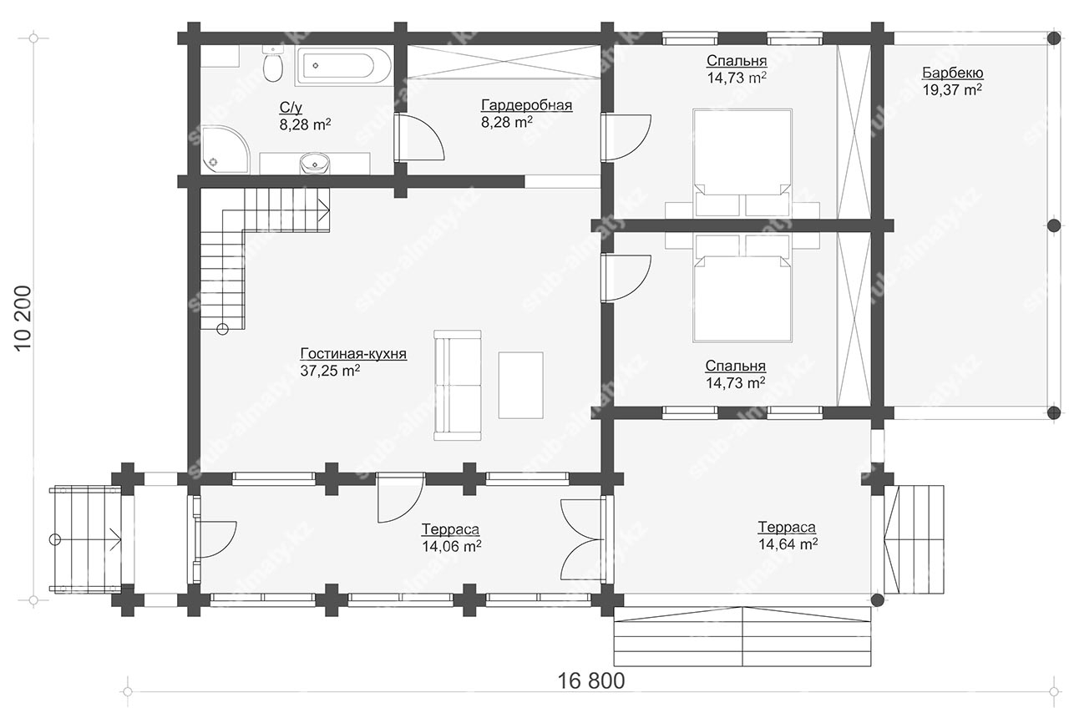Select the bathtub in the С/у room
(x=343, y=66)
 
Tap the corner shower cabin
(x=225, y=149)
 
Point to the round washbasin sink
(x=315, y=163)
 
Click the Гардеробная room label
(x=526, y=105)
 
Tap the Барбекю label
(x=952, y=73)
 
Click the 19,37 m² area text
(x=952, y=89)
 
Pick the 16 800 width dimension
(x=590, y=680)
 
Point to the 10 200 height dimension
(x=23, y=319)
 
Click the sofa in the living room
(x=457, y=385)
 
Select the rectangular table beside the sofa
(x=520, y=386)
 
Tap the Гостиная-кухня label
(x=353, y=354)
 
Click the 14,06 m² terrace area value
(x=451, y=546)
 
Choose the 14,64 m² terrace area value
(x=788, y=544)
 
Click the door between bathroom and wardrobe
(x=418, y=137)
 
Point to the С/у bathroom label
(x=291, y=108)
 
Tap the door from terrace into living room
(x=400, y=497)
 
